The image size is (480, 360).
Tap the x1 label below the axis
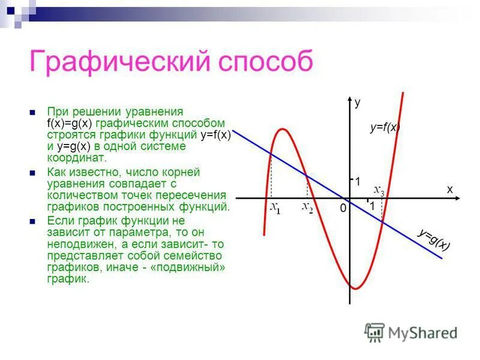tap(275, 208)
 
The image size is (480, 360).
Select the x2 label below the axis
tap(307, 208)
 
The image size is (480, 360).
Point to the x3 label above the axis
tap(379, 190)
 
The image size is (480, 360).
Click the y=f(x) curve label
tap(385, 127)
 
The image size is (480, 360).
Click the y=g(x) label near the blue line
tap(434, 239)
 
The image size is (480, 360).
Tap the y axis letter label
tap(358, 103)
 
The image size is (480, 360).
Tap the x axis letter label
tap(449, 188)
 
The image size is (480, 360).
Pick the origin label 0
tap(343, 208)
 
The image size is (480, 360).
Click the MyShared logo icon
tap(374, 332)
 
